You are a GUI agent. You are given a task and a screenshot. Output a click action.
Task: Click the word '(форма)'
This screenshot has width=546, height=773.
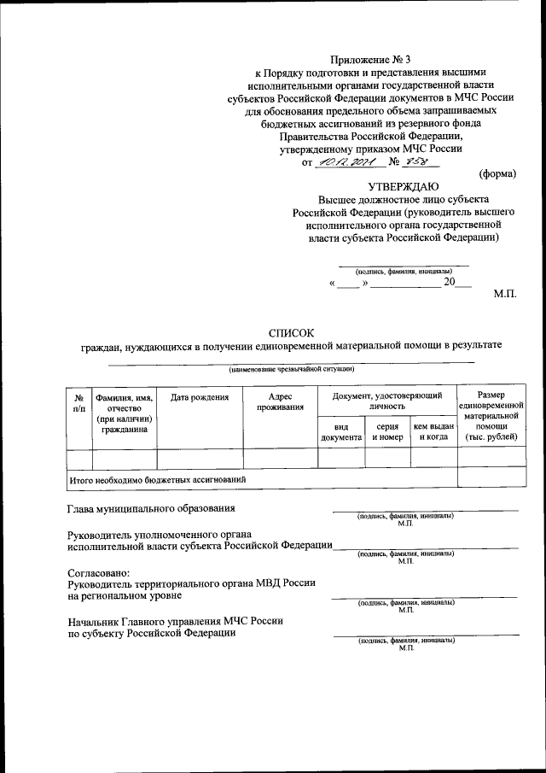coord(497,173)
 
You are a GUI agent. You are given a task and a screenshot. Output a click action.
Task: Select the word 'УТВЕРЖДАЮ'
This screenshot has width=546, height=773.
coord(404,186)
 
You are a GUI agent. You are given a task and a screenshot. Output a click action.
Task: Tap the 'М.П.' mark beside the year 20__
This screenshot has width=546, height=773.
coord(505,293)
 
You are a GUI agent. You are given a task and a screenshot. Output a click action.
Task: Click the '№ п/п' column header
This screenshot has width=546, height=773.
coord(78,403)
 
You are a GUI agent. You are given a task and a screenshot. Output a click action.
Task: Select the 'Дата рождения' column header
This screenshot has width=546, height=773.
coord(200,397)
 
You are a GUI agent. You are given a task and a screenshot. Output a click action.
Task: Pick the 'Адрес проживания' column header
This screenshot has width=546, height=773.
coord(280,402)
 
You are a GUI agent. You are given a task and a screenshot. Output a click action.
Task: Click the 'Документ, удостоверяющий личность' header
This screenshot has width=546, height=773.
coord(386,402)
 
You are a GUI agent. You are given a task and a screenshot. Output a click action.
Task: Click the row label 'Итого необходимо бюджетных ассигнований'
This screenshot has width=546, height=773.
coord(158,480)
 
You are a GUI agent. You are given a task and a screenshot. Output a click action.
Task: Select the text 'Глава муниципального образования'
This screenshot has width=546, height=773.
coord(151,509)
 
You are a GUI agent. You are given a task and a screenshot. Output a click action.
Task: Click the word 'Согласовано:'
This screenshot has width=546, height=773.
coord(99,571)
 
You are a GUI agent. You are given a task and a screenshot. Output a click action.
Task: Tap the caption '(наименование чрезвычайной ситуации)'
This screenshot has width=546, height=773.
coord(290,370)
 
